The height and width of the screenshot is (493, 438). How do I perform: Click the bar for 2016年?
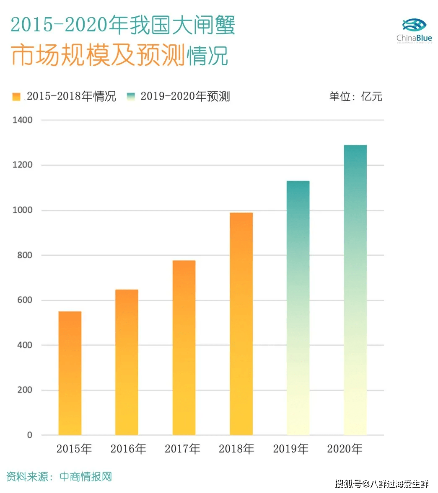point(127,362)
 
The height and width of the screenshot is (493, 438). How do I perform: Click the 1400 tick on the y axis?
point(22,120)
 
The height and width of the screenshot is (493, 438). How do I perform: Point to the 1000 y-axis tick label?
point(22,210)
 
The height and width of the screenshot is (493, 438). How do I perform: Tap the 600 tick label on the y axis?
point(25,300)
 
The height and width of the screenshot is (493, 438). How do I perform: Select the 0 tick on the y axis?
point(29,435)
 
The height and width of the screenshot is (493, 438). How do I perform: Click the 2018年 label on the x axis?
point(236,449)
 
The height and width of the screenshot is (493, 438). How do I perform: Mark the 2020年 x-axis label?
point(345,449)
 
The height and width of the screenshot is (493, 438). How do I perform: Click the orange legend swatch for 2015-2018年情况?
point(16,97)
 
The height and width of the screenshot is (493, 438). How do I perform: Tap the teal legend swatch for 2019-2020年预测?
point(131,97)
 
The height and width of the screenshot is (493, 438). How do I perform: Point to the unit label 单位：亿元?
point(355,97)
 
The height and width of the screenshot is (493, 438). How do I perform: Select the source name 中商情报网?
point(86,477)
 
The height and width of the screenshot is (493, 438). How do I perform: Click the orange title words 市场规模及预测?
point(98,55)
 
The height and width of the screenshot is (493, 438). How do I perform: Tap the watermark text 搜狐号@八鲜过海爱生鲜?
point(381,484)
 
